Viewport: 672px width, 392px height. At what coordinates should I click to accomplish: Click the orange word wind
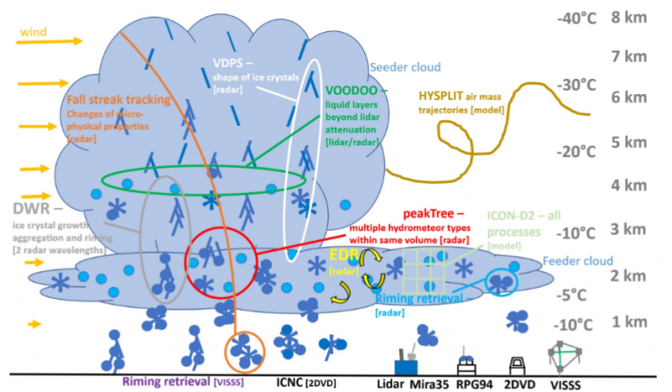34,32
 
